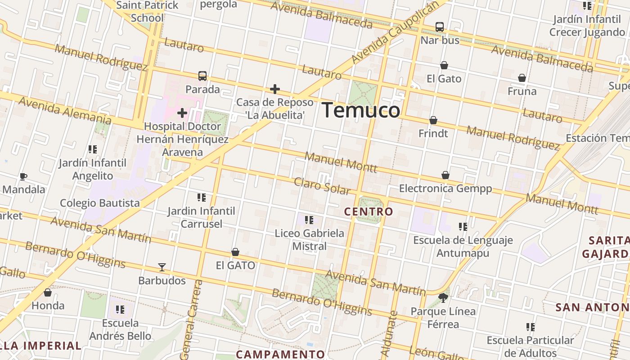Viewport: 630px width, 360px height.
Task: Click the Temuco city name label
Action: pos(361,110)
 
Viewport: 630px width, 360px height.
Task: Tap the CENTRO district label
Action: pos(369,211)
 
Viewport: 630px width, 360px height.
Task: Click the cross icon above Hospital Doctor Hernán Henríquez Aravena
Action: pos(182,112)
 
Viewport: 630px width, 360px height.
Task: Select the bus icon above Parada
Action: pos(202,76)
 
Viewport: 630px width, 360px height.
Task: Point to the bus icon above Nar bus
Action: pos(440,27)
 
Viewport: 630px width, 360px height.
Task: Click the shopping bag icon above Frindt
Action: pos(433,121)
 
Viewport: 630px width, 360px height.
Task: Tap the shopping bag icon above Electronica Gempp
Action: pos(445,175)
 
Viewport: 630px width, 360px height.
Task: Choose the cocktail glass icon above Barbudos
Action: pos(162,267)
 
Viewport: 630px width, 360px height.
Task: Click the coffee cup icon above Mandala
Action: pos(23,176)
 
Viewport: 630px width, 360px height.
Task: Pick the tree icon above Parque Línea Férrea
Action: pos(443,297)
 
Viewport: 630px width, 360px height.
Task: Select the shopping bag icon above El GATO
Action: pos(235,252)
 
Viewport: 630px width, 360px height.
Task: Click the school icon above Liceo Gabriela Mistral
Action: pos(309,220)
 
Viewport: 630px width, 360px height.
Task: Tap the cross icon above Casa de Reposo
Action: pos(275,89)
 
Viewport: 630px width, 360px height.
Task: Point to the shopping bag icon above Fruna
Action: pos(522,78)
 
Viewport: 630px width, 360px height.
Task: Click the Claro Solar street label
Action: pos(322,186)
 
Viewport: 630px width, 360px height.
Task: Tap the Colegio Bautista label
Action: pos(100,203)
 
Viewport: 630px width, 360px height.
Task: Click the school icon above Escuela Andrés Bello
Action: pos(120,310)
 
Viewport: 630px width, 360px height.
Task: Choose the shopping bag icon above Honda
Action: pos(48,293)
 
